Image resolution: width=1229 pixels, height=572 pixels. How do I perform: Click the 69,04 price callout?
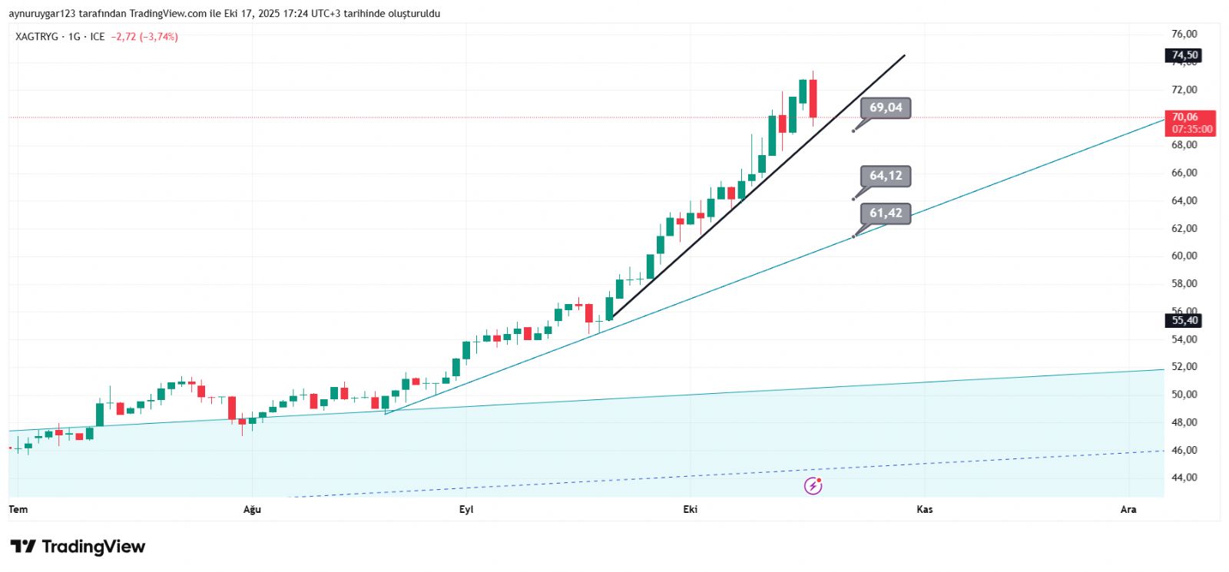pos(886,108)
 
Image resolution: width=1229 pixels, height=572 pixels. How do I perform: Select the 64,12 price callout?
pos(886,176)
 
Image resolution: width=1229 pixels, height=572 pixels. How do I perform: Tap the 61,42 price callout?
pos(886,213)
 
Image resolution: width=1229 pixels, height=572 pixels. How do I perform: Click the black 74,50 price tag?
pos(1184,55)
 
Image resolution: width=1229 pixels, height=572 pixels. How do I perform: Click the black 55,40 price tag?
pos(1184,320)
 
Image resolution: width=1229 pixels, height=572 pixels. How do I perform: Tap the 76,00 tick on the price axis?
pos(1184,34)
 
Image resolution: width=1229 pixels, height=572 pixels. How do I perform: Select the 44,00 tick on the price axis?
pos(1184,478)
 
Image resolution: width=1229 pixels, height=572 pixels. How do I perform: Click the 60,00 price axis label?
pos(1184,256)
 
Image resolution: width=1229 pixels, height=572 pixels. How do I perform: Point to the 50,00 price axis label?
pos(1184,395)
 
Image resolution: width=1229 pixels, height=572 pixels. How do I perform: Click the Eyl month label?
pos(466,510)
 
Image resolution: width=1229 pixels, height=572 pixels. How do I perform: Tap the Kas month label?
pos(925,510)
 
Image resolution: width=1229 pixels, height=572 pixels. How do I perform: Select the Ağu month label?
pos(252,510)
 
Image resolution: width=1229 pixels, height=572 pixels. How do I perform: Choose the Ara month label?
pos(1128,510)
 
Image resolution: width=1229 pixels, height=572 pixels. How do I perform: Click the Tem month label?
pos(18,510)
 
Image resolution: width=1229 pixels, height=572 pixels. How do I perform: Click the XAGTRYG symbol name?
pos(37,37)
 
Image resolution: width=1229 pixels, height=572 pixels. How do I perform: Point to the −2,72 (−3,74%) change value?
pos(144,37)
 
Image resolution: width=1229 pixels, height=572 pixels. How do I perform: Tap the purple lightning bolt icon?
pos(813,485)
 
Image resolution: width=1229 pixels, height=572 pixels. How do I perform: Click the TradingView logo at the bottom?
pos(78,547)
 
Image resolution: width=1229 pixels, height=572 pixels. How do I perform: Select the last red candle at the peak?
pos(813,98)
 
